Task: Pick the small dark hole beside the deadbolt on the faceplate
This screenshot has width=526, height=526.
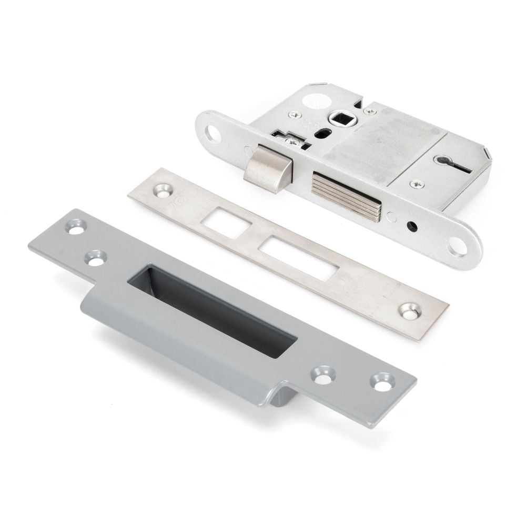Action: (412, 227)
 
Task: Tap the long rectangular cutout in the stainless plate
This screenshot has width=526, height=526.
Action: (298, 256)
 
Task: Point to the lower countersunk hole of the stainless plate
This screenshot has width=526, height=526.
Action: (409, 310)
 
